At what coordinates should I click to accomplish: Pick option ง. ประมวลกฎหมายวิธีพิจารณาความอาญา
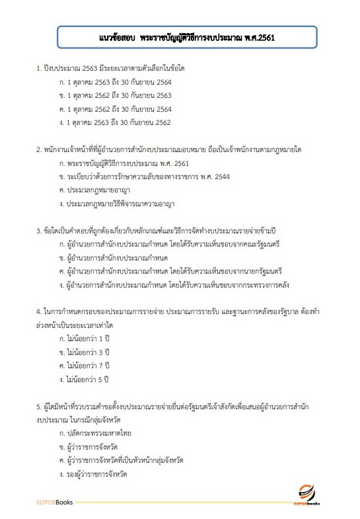point(116,204)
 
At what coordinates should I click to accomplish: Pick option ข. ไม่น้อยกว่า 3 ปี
point(83,352)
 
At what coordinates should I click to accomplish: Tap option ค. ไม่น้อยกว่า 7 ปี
point(83,366)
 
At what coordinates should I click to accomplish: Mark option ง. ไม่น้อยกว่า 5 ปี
point(83,379)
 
